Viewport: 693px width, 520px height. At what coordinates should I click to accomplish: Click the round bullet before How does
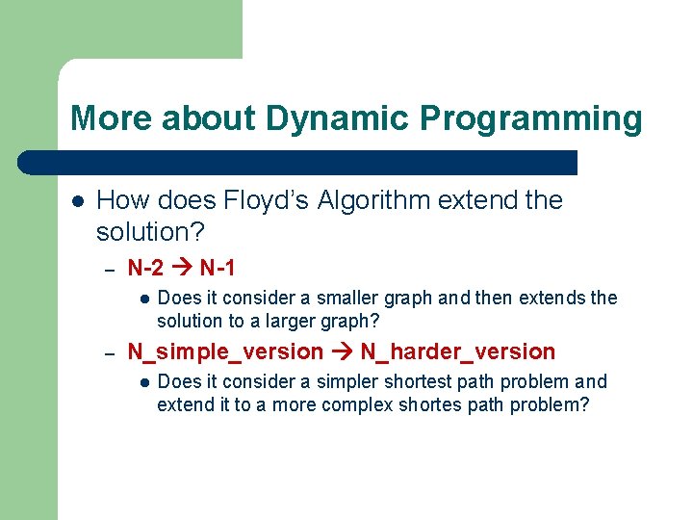pyautogui.click(x=77, y=201)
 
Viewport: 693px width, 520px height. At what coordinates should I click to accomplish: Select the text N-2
pyautogui.click(x=145, y=268)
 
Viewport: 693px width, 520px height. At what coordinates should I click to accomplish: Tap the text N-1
pyautogui.click(x=218, y=268)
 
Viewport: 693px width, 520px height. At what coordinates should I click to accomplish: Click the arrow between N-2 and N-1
pyautogui.click(x=182, y=268)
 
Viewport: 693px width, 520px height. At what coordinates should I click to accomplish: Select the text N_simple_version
pyautogui.click(x=225, y=351)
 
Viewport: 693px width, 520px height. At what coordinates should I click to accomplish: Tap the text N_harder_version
pyautogui.click(x=458, y=351)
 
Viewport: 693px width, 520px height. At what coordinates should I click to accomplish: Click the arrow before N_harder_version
pyautogui.click(x=342, y=351)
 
